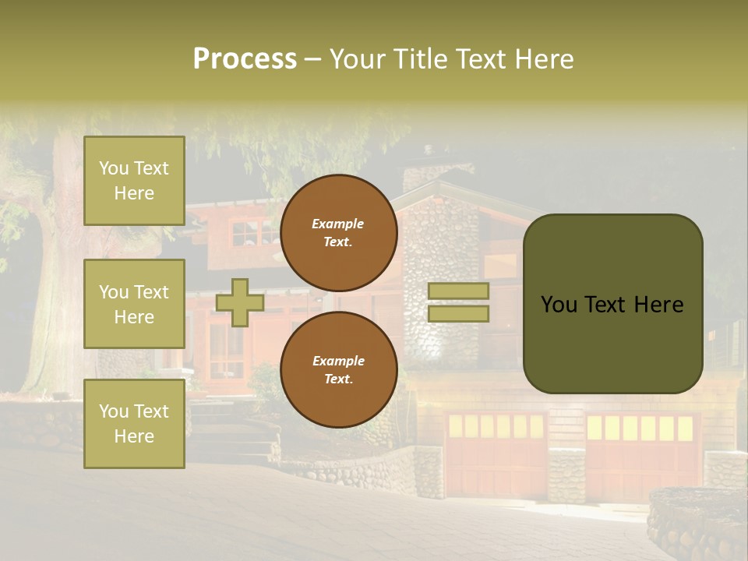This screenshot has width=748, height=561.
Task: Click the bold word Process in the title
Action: point(245,59)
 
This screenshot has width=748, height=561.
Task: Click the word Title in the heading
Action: point(422,59)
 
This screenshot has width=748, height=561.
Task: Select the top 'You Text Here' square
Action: point(134,181)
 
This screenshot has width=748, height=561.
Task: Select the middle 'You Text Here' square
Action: point(134,304)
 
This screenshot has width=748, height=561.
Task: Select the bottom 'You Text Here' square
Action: point(134,424)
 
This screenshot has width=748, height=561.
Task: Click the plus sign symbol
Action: point(240,302)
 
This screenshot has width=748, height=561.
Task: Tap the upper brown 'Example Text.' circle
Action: point(338,233)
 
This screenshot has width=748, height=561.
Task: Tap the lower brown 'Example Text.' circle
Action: point(338,370)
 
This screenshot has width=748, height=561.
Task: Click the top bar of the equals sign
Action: point(458,291)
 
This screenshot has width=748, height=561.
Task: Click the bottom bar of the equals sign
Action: point(458,313)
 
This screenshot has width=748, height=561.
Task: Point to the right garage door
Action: point(640,460)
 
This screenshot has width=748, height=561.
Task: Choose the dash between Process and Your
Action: point(312,60)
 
